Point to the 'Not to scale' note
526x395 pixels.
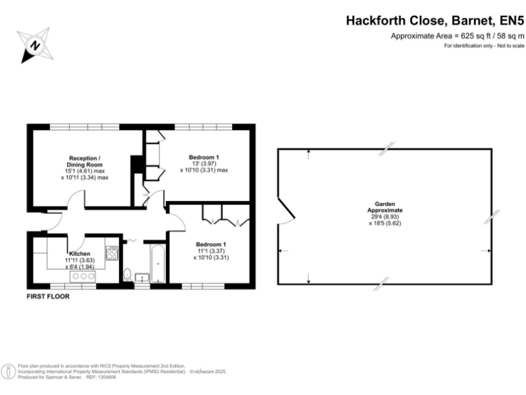click(506, 46)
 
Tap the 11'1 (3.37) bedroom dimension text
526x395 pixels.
click(212, 251)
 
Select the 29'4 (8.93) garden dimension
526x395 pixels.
click(385, 216)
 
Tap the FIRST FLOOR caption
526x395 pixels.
click(48, 297)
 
